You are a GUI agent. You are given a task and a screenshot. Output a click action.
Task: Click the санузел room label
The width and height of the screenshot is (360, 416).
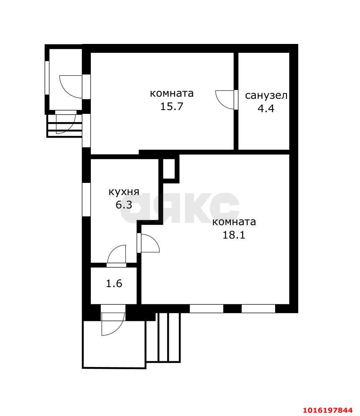(x=266, y=95)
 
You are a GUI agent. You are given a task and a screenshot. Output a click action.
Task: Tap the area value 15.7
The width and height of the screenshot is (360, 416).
(x=172, y=107)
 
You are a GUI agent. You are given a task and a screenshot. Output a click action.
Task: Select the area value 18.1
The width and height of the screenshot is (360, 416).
(x=234, y=235)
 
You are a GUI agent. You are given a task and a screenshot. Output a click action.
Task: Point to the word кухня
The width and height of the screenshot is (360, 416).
(x=124, y=192)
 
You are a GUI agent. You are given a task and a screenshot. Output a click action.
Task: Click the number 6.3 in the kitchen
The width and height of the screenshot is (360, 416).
(x=124, y=205)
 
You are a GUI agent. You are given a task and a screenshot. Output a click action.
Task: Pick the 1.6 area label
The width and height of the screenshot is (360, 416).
(x=114, y=284)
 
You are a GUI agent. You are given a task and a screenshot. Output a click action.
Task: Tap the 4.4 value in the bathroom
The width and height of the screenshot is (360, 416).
(x=266, y=108)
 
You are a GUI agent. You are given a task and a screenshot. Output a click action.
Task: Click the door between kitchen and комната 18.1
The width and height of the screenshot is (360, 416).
(x=148, y=243)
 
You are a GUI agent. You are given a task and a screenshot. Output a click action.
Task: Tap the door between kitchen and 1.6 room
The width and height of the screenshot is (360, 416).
(x=116, y=256)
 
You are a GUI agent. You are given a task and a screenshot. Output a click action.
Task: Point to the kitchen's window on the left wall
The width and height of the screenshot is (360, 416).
(x=86, y=200)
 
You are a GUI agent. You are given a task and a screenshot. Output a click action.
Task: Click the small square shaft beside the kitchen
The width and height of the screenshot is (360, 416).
(x=169, y=169)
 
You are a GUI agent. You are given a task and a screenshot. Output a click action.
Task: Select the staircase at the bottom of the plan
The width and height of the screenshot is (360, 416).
(x=163, y=337)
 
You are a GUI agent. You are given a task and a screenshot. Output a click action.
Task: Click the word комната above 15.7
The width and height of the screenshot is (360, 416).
(x=172, y=93)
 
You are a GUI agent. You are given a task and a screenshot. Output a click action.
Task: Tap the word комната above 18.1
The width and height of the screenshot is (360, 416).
(x=234, y=222)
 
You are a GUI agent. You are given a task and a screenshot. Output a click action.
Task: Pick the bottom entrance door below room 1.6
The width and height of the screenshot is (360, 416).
(x=113, y=320)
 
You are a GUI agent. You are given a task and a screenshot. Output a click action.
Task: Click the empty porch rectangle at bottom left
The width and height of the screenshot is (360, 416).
(x=114, y=344)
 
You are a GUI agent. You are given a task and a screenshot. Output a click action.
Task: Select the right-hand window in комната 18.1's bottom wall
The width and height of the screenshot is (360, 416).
(x=258, y=308)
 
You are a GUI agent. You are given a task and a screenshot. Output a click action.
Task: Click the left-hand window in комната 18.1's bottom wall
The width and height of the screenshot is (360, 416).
(x=207, y=308)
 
